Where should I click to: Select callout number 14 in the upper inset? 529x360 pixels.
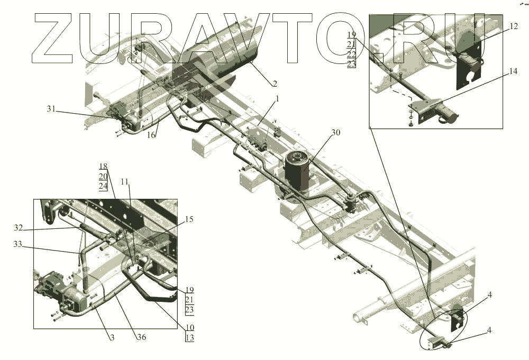[499, 71]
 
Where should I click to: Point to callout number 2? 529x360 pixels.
[275, 84]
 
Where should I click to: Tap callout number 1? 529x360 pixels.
[277, 99]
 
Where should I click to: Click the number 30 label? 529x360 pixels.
[336, 133]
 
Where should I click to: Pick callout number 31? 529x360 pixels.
[51, 109]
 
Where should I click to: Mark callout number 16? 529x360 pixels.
[151, 135]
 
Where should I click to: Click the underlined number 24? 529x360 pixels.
[103, 186]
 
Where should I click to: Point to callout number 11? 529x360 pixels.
[125, 182]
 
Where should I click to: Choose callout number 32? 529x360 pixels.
[18, 228]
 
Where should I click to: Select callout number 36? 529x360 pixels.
[142, 337]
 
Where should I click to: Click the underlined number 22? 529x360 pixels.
[352, 54]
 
